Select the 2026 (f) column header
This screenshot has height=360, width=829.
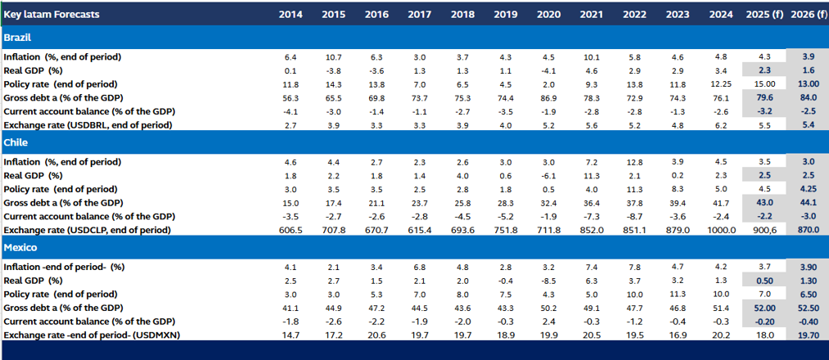[x=809, y=15]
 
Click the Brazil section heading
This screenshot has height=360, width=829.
[x=18, y=38]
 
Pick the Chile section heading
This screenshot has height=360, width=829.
[x=16, y=143]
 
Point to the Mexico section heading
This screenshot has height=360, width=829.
[x=20, y=247]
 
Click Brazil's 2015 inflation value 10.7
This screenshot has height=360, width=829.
[x=333, y=57]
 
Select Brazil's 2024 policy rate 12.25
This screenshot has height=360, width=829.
[x=719, y=84]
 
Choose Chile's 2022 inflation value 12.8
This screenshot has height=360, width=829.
[x=634, y=162]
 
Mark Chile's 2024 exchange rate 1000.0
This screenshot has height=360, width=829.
[x=719, y=230]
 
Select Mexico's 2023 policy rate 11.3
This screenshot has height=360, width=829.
[x=677, y=294]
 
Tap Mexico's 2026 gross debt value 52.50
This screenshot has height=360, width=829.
[x=808, y=308]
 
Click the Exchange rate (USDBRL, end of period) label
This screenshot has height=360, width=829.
[x=88, y=125]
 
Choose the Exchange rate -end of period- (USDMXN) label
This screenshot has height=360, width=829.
[x=90, y=335]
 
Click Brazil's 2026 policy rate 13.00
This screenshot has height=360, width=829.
[x=808, y=84]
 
